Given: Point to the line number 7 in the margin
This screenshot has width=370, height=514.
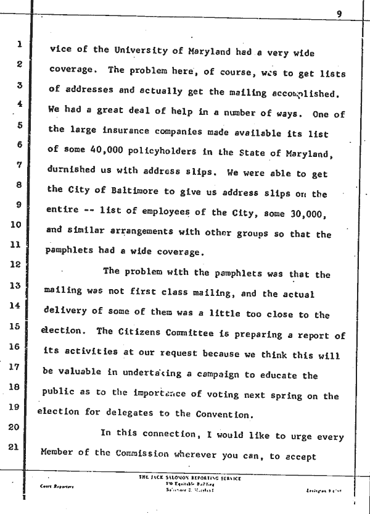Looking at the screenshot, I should click(x=19, y=166).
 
